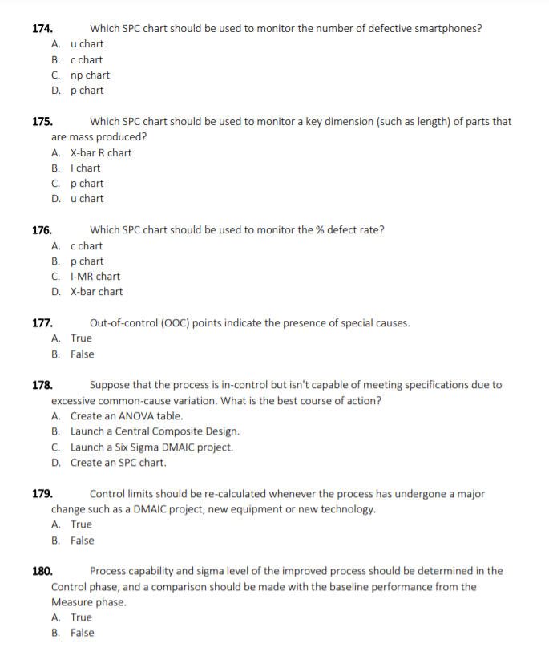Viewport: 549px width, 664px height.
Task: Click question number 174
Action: pos(42,29)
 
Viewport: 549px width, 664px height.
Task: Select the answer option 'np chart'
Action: pos(90,75)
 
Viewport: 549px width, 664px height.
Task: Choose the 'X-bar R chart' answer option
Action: pos(100,152)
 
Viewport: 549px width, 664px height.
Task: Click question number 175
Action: pos(42,122)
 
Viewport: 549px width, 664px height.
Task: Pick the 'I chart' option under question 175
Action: pos(85,168)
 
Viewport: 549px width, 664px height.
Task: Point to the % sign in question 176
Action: pos(319,230)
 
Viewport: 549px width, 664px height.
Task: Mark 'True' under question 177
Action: pos(81,338)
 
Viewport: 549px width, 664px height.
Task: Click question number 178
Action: pos(42,385)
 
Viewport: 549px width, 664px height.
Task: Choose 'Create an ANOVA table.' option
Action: pos(126,416)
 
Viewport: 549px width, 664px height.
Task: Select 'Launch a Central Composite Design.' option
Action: pos(154,431)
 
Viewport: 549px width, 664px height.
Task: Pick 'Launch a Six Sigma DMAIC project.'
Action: pos(151,447)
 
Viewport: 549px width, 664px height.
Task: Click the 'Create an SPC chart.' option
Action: pos(118,463)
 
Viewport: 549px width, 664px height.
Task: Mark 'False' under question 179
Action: pos(82,541)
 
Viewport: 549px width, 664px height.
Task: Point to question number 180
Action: pos(42,572)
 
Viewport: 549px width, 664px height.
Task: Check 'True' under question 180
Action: pos(81,617)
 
